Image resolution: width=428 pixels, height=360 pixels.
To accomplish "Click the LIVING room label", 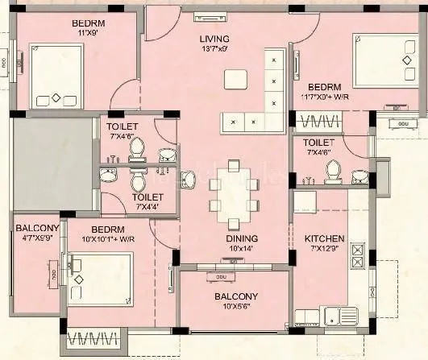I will (x=214, y=38).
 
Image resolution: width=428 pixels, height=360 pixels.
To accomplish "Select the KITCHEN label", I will (x=324, y=238).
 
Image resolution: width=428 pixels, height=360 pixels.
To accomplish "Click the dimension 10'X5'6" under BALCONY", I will (x=235, y=307).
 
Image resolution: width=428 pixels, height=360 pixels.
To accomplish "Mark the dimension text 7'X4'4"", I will (x=148, y=207).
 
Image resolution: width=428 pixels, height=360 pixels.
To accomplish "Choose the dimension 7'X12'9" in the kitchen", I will (x=324, y=250).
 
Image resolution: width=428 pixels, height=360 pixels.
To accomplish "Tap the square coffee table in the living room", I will (x=235, y=79).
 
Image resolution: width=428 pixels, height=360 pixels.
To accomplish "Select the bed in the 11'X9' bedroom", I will (x=56, y=75).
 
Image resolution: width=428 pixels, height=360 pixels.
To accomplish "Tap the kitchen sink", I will (x=339, y=315).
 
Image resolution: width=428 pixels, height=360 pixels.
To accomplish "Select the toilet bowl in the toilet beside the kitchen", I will (x=332, y=170).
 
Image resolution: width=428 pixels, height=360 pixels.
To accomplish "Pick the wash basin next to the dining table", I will (x=188, y=179).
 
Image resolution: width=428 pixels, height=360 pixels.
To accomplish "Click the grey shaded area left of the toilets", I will (x=52, y=163).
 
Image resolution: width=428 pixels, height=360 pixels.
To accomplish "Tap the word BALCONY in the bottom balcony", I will (x=235, y=296).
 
